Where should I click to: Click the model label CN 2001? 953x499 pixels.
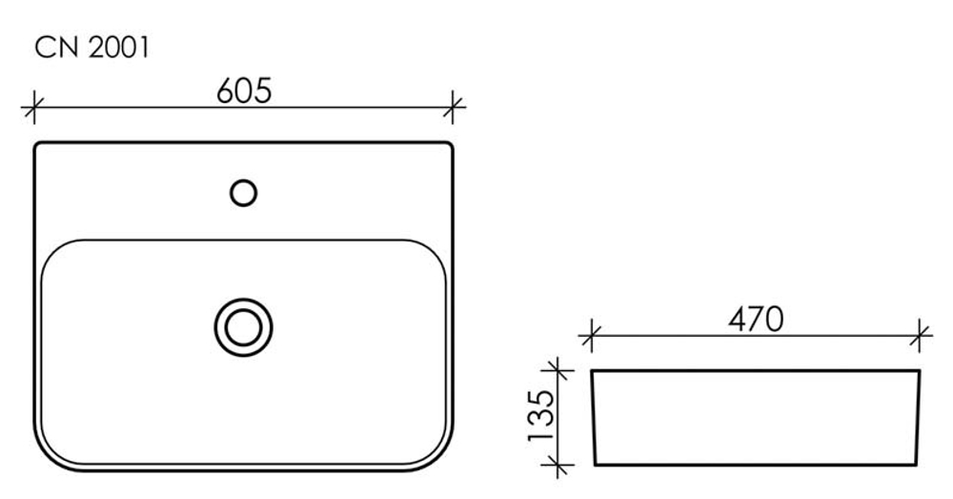[91, 48]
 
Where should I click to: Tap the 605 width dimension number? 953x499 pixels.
[244, 91]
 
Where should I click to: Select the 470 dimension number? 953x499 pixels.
[756, 319]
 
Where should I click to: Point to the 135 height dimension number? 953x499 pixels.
[541, 416]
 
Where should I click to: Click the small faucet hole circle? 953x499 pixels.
[244, 193]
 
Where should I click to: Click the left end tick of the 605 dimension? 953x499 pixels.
[34, 108]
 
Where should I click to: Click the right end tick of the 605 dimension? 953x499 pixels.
[452, 108]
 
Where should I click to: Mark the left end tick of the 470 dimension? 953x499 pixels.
[592, 335]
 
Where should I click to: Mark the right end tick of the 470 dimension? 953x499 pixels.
[920, 335]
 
